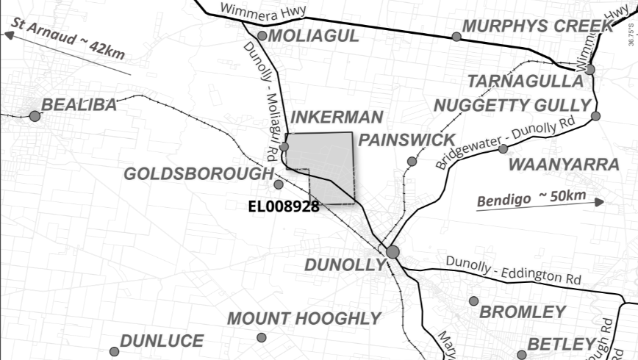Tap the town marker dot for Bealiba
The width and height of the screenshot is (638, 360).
(x=34, y=115)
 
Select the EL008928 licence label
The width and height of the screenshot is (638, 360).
(x=283, y=206)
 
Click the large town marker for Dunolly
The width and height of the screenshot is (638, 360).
(x=393, y=252)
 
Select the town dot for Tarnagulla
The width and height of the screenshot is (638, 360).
(x=590, y=69)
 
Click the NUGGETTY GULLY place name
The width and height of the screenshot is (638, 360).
(x=512, y=104)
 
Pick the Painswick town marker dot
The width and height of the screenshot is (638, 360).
(x=412, y=161)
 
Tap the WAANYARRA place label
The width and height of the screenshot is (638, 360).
(x=564, y=163)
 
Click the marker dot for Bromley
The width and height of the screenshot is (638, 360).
(x=474, y=300)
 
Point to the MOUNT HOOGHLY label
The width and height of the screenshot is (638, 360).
(x=304, y=319)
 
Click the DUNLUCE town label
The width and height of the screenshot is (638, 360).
(x=162, y=341)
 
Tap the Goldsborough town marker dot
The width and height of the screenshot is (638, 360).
(x=279, y=184)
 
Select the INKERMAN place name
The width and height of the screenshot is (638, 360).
(x=337, y=118)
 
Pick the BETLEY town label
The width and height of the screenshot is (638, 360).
(x=560, y=343)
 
